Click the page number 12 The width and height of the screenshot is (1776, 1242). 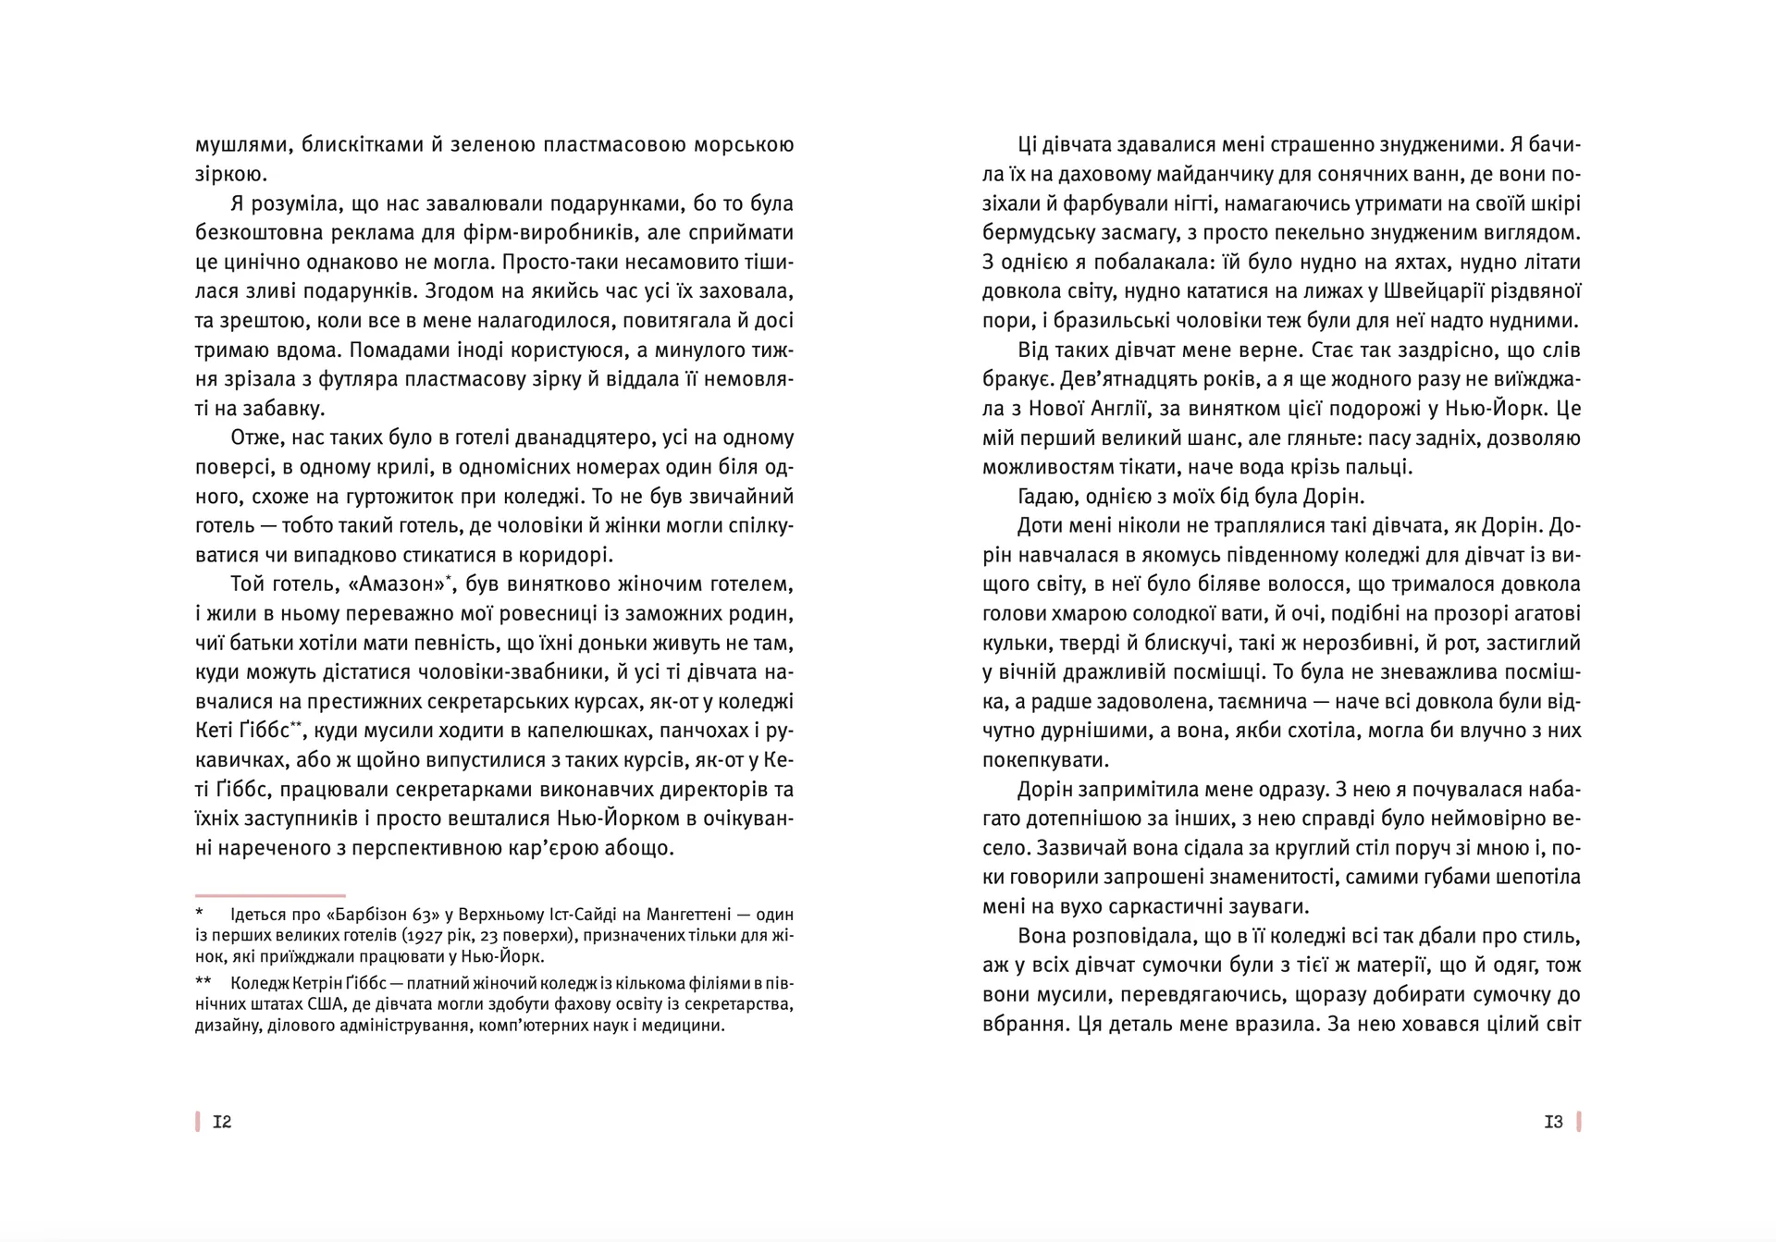pyautogui.click(x=222, y=1122)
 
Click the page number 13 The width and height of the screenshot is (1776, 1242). pyautogui.click(x=1553, y=1122)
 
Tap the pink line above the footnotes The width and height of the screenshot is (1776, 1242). pyautogui.click(x=270, y=895)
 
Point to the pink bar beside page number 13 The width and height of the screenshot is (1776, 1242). pyautogui.click(x=1579, y=1122)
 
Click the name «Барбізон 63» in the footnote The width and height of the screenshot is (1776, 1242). pyautogui.click(x=379, y=915)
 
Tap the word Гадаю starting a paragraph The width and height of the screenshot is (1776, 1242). pyautogui.click(x=1043, y=497)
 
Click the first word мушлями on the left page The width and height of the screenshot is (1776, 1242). pyautogui.click(x=236, y=145)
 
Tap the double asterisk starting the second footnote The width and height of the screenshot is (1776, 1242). pyautogui.click(x=203, y=981)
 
